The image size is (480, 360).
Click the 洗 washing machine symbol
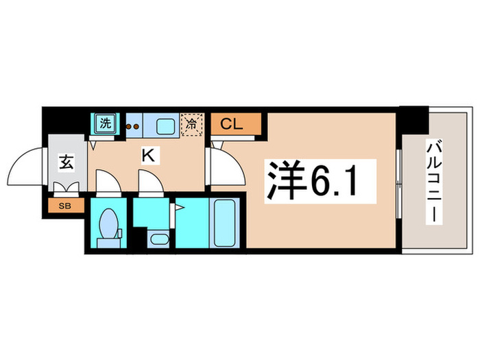point(106,125)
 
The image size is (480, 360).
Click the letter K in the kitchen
point(147,156)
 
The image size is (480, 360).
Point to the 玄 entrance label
point(66,163)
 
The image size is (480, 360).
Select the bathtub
point(224,223)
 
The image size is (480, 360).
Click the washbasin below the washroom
point(157,240)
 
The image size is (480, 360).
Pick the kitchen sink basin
point(165,125)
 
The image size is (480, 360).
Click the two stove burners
point(132,126)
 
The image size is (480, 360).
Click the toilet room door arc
point(107,184)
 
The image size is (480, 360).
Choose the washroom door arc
point(148,184)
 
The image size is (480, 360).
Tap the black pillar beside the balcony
point(413,120)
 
